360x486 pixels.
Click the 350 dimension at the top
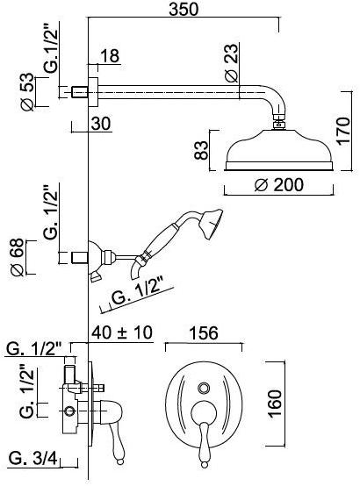click(x=184, y=9)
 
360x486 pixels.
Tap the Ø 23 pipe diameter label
click(x=232, y=63)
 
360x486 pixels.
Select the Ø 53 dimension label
click(x=27, y=91)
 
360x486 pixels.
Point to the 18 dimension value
click(x=110, y=56)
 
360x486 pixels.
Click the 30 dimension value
click(x=101, y=124)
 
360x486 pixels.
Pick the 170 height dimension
click(x=344, y=131)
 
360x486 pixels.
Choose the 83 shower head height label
click(x=201, y=150)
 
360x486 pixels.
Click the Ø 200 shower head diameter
click(x=278, y=185)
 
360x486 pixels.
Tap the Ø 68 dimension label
click(x=17, y=257)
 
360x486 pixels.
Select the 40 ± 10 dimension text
click(x=122, y=332)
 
